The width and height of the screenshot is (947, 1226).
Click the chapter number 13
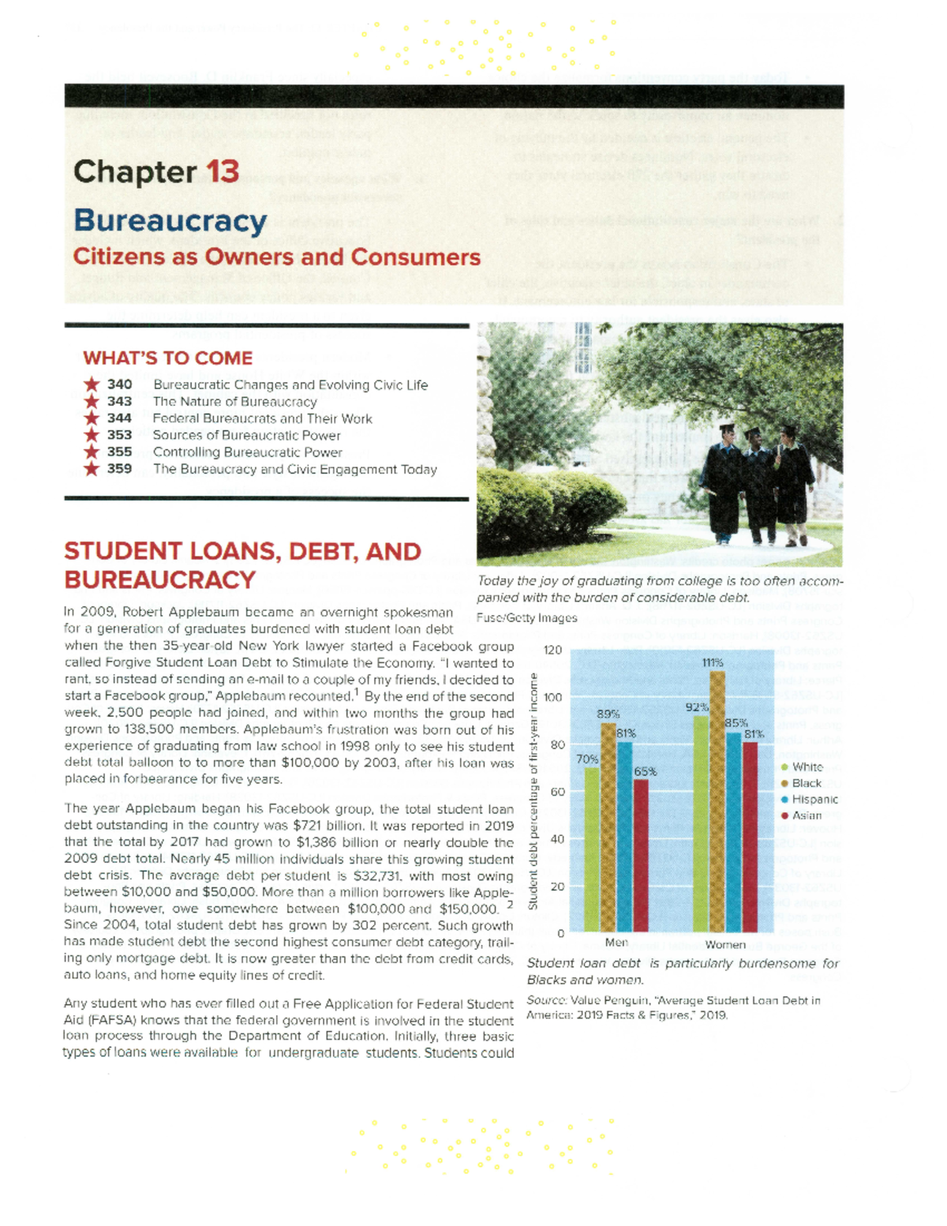[223, 171]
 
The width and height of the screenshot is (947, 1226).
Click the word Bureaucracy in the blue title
[170, 221]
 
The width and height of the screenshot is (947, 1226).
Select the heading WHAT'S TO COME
[167, 358]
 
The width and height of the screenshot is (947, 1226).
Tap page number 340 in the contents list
[119, 384]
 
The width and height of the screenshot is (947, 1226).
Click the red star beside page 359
[92, 469]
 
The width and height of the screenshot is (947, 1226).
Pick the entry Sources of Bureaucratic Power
[246, 435]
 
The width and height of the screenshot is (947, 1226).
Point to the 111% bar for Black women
[717, 801]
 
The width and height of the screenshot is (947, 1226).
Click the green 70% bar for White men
[592, 849]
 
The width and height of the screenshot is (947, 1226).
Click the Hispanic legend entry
[814, 799]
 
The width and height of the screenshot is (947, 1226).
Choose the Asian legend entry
[806, 815]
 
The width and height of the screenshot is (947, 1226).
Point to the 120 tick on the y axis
[552, 650]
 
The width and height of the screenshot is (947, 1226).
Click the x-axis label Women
[724, 944]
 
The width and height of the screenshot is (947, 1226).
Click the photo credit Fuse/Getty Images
[526, 618]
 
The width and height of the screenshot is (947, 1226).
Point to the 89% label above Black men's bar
[608, 714]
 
